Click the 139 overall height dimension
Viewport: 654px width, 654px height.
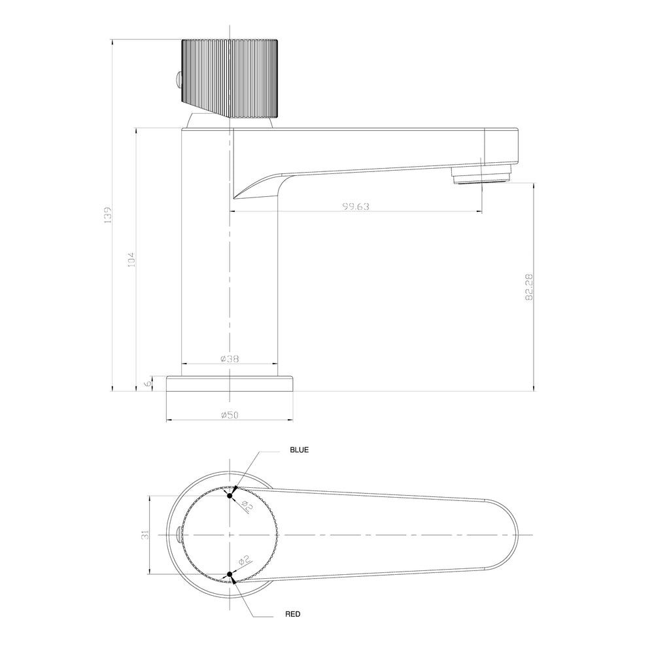108,215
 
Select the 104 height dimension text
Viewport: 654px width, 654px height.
131,260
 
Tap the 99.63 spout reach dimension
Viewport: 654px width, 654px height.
356,207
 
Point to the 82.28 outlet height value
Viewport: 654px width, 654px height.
529,287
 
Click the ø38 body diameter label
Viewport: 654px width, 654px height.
230,358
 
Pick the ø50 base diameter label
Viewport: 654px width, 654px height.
230,415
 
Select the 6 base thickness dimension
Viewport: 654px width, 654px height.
147,384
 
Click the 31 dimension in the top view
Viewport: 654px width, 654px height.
145,535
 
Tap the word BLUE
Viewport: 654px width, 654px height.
300,450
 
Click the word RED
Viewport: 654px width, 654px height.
293,614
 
